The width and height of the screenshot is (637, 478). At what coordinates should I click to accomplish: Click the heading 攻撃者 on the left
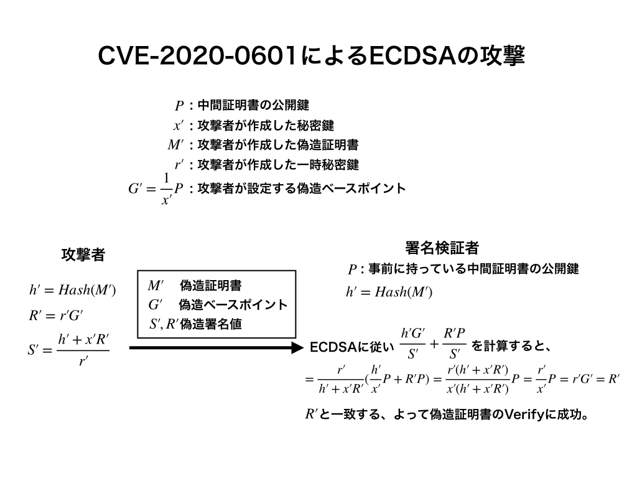83,255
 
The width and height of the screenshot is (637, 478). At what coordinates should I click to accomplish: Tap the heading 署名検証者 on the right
442,248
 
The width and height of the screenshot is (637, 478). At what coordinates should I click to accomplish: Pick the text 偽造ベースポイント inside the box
233,305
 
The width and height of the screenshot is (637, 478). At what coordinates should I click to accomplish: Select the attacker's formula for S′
68,349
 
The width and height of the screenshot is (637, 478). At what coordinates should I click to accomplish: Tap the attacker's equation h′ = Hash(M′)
73,289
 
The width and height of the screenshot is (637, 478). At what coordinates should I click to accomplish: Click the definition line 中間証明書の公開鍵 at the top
253,105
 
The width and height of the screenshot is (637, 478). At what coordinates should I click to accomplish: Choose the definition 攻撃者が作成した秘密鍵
265,126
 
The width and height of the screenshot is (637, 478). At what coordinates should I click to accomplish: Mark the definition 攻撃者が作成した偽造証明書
277,146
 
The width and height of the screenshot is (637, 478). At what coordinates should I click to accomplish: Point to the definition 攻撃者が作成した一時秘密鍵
277,166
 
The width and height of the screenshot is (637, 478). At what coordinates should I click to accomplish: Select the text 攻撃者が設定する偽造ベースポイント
301,188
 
